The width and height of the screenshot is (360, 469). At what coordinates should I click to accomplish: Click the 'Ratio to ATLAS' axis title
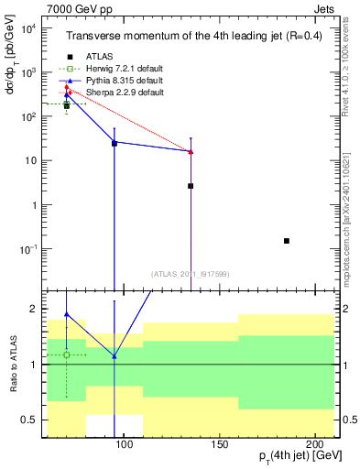coord(12,365)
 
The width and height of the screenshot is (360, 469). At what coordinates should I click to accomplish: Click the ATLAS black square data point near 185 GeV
coord(287,241)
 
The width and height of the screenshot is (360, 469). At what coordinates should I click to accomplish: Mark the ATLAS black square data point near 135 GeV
coord(191,186)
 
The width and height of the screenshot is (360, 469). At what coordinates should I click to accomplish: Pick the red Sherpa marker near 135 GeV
coord(191,151)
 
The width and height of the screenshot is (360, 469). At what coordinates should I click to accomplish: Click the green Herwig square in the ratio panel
coord(66,354)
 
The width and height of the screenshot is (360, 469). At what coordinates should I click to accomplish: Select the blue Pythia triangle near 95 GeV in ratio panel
coord(115,356)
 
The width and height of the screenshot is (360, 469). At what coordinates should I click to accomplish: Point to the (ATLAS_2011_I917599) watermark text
coord(191,273)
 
